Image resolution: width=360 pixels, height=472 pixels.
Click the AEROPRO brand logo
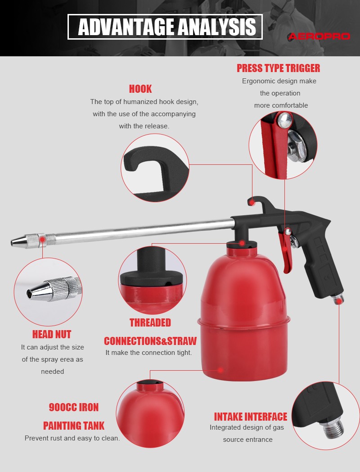[x=319, y=36]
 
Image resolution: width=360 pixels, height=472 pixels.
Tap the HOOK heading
[x=140, y=89]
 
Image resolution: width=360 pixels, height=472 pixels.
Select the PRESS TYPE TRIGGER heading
[x=278, y=68]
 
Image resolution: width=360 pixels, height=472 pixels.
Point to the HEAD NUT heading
[x=52, y=335]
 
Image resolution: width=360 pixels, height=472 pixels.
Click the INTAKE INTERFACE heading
[x=251, y=417]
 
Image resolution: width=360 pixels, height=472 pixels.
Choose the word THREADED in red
[x=150, y=322]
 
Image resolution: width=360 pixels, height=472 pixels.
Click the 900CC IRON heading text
[x=74, y=407]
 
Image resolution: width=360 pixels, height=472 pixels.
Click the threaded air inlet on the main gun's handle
[x=338, y=299]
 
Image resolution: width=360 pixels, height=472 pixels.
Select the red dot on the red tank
[x=221, y=370]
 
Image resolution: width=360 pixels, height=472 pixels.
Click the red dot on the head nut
[x=42, y=239]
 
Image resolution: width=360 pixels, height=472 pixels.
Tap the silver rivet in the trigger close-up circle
[x=284, y=120]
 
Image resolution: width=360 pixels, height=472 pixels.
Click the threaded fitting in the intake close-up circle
[x=332, y=428]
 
